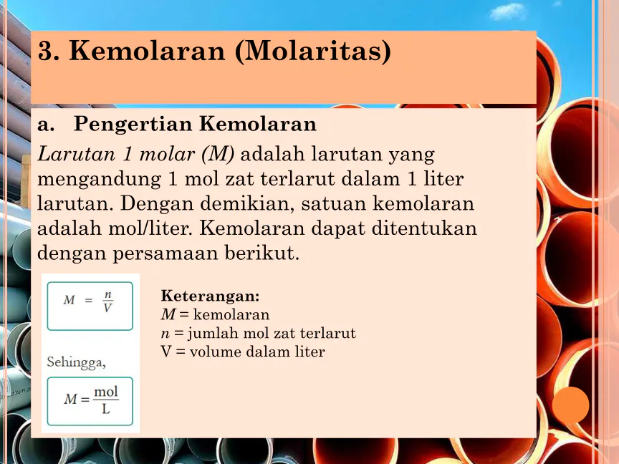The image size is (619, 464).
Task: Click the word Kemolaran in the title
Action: [x=147, y=51]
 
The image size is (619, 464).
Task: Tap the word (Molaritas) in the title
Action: [x=313, y=52]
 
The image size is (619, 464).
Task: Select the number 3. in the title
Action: [x=49, y=51]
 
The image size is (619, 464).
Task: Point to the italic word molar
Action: [x=167, y=154]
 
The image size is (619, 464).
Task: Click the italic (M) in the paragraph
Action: [x=218, y=154]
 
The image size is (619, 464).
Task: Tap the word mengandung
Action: [x=99, y=180]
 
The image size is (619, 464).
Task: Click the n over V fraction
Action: [x=107, y=301]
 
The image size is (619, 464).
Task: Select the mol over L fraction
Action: [x=106, y=400]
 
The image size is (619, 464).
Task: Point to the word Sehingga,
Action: [x=76, y=362]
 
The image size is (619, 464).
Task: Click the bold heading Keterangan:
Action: [x=210, y=296]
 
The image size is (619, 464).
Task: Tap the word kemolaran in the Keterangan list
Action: [x=231, y=315]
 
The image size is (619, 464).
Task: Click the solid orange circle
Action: [x=570, y=405]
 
